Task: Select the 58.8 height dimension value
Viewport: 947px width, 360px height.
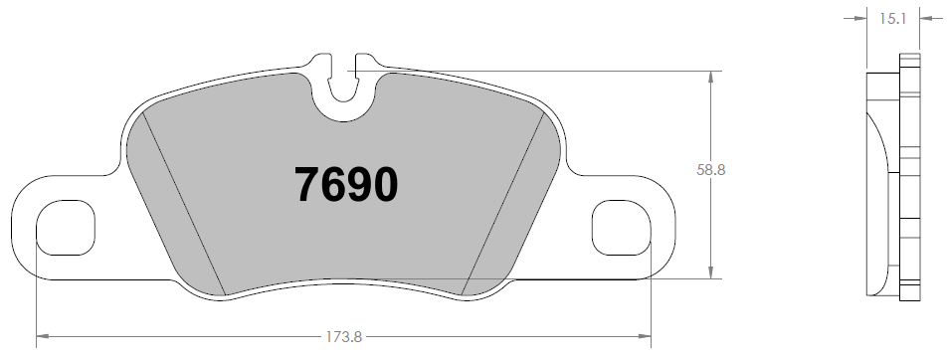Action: [x=710, y=170]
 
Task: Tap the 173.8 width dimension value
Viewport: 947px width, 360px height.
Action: [x=343, y=338]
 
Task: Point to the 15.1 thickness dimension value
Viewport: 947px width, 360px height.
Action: [x=889, y=17]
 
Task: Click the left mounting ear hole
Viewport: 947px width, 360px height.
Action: [x=65, y=227]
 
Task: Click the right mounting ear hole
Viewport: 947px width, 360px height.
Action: [x=622, y=227]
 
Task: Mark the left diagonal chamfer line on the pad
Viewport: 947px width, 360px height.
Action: [x=186, y=204]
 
